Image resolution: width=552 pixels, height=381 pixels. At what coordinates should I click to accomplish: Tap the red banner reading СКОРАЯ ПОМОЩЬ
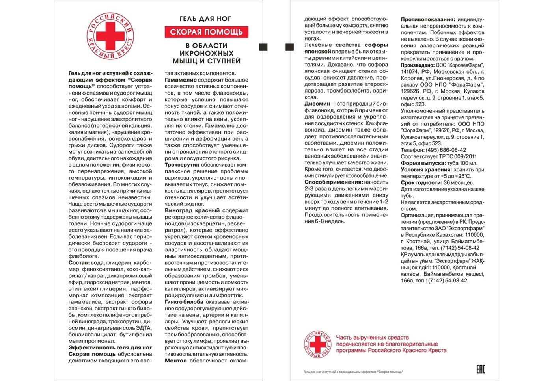[x=206, y=32]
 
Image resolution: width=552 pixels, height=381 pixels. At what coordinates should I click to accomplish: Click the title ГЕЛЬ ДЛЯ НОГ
[x=205, y=19]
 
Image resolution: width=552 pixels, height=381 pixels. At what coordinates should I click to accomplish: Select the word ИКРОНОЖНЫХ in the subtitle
[x=206, y=53]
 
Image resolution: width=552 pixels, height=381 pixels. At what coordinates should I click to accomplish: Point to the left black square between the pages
[x=263, y=47]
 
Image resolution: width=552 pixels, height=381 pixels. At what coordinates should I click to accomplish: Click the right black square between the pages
[x=289, y=47]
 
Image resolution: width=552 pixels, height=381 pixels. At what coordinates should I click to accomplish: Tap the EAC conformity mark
[x=481, y=369]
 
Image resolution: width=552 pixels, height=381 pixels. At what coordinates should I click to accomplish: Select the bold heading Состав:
[x=79, y=263]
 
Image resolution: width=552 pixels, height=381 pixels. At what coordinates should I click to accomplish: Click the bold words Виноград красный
[x=192, y=210]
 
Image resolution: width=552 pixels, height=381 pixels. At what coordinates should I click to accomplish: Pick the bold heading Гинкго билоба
[x=184, y=302]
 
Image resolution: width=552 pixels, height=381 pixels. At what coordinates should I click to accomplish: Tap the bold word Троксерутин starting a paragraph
[x=182, y=165]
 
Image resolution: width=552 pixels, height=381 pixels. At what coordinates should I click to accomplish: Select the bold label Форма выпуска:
[x=423, y=163]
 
